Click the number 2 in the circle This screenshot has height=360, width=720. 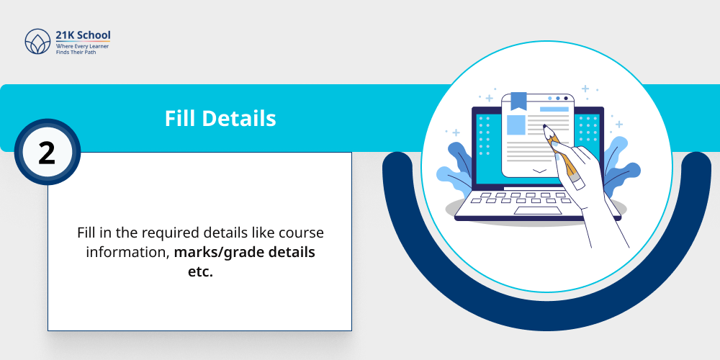pos(46,152)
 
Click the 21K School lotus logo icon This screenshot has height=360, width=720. pos(37,42)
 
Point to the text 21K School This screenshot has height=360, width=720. pos(84,35)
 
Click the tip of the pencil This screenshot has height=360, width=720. pos(545,128)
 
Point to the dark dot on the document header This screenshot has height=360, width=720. pos(565,97)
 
